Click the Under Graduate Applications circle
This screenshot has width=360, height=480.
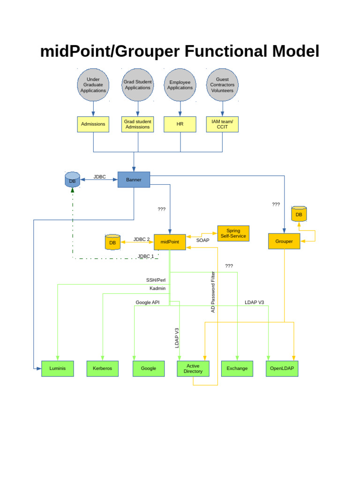pos(93,85)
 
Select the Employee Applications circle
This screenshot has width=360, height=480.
pos(180,85)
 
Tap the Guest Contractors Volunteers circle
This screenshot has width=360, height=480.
pos(222,85)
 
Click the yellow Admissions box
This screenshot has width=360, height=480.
pos(93,124)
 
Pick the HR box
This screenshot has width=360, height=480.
pos(180,124)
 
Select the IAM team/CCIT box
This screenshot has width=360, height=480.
pos(222,124)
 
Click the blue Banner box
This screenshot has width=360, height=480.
pos(134,180)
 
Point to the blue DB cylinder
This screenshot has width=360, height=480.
pos(72,180)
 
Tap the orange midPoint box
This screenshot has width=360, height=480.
pos(170,242)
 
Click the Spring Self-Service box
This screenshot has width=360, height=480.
pos(233,233)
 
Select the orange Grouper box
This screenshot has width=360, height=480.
pos(284,241)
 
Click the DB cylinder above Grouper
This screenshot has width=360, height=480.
pos(299,214)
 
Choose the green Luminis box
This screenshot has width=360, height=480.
pos(58,368)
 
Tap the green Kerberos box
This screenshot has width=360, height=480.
pos(102,368)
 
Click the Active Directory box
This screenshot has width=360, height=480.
pos(193,368)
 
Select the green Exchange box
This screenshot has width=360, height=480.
pos(237,368)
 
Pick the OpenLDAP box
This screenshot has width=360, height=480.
pos(282,368)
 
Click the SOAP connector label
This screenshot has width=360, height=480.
pos(203,240)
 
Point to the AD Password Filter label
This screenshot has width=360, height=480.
pos(213,292)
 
